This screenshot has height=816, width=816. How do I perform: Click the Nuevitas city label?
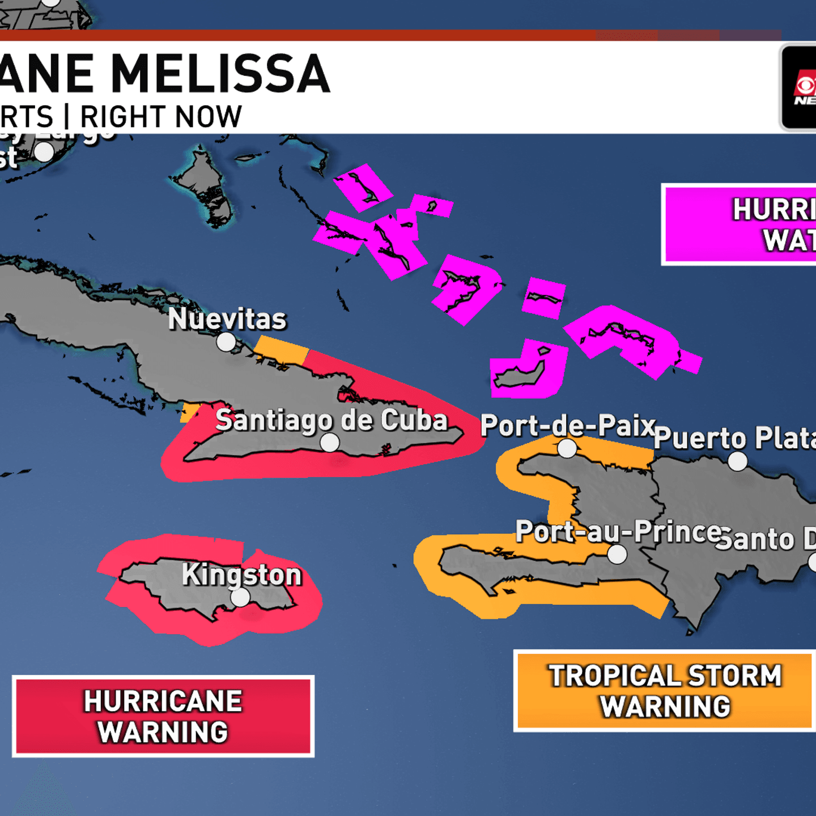(227, 318)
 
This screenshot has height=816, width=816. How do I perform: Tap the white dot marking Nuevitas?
(226, 342)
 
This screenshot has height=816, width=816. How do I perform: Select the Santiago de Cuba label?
(331, 420)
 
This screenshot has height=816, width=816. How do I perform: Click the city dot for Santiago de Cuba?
(330, 443)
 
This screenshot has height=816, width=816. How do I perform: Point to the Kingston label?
(242, 575)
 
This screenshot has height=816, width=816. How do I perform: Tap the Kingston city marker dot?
(240, 597)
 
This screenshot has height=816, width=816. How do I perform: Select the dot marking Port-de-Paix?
(567, 449)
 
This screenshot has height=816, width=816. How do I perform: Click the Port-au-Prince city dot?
(617, 554)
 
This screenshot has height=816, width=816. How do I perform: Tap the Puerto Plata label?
(734, 438)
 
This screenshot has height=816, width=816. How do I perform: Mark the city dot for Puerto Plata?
(737, 461)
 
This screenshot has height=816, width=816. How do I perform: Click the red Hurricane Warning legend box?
(163, 716)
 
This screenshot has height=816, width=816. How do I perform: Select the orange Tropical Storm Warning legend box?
(665, 691)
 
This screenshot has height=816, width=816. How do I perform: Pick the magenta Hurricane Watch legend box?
(740, 224)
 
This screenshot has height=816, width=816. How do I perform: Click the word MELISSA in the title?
(220, 74)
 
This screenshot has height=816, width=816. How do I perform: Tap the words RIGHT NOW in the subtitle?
(161, 117)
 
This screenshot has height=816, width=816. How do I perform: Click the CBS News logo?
(800, 88)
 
